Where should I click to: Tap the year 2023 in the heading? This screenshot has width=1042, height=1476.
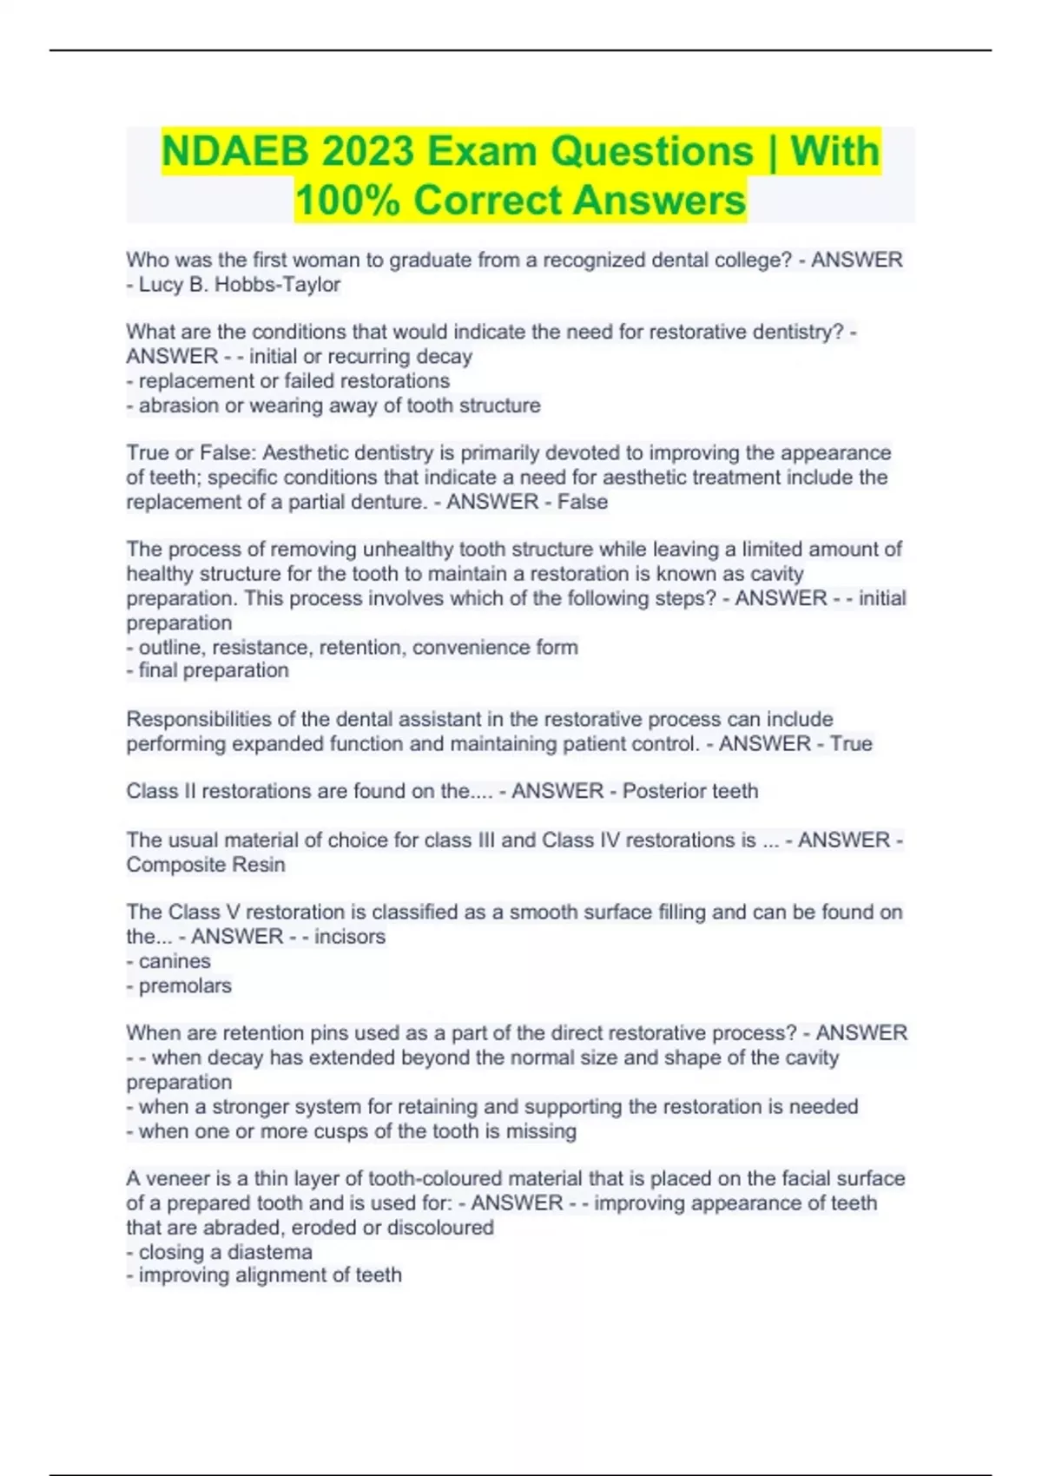[368, 152]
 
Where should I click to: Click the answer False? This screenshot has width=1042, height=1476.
[584, 502]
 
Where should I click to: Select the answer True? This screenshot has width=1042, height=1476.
[851, 744]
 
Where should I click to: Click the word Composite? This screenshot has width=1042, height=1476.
[169, 865]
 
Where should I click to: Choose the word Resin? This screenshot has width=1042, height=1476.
[258, 865]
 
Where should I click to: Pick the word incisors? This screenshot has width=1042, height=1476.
[350, 937]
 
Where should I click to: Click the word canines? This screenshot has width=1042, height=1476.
[175, 961]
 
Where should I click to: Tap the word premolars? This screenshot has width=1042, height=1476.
[185, 985]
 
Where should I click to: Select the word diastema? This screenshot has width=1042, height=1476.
[268, 1252]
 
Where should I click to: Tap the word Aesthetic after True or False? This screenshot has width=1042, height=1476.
[306, 453]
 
